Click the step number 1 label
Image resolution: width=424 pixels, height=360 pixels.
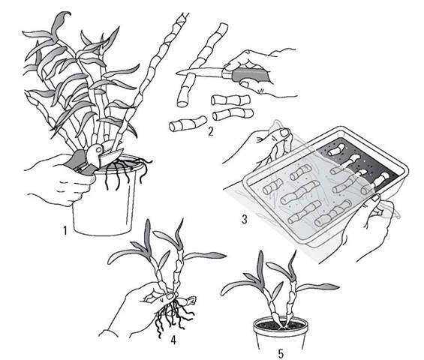pos(65,230)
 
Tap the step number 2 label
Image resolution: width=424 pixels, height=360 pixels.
pos(210,131)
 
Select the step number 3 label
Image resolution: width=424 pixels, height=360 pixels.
pos(245,219)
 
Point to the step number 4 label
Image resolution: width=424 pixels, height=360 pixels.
pos(173,340)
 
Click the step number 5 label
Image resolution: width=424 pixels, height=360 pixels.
pos(281,353)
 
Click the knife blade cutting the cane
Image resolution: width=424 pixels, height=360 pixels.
pos(200,71)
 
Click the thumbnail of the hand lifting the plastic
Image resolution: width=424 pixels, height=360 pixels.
pos(284,133)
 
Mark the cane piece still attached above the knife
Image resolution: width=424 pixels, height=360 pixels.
pos(208,46)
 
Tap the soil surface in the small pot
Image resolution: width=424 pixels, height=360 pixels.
pos(281,324)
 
